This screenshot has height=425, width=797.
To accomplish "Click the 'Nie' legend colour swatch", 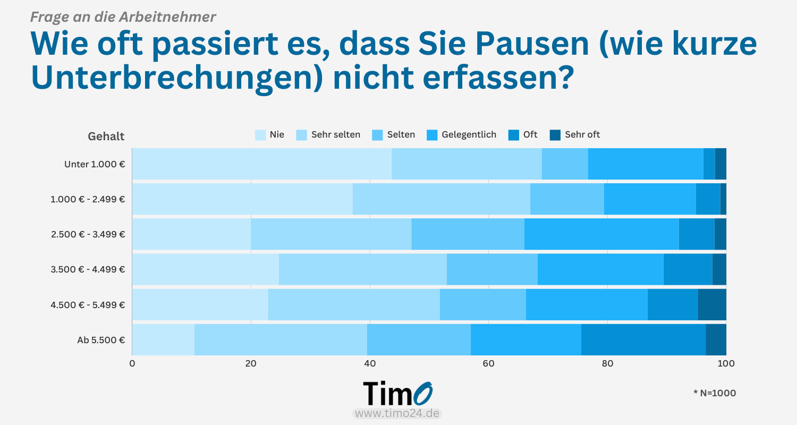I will [x=260, y=135].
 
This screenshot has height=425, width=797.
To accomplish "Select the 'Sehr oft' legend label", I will [x=582, y=135].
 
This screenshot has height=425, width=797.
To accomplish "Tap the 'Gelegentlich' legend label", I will [x=469, y=135].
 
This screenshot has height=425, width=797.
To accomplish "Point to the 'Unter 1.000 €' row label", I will [x=95, y=164].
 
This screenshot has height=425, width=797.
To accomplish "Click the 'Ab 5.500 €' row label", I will [x=101, y=339].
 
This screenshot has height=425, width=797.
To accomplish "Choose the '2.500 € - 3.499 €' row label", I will [x=88, y=234].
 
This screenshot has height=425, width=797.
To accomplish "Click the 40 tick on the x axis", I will [x=370, y=364].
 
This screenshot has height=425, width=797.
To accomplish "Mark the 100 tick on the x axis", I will [x=726, y=364].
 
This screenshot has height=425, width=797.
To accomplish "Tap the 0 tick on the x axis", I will [x=132, y=364].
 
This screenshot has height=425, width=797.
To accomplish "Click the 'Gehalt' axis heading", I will [x=106, y=137].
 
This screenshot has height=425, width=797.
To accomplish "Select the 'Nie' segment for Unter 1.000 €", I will [x=262, y=164].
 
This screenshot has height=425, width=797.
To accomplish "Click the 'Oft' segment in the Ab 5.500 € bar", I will [x=643, y=339].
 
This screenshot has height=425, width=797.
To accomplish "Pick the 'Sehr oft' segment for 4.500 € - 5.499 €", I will [x=712, y=304].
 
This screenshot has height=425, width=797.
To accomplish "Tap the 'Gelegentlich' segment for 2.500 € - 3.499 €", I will [x=601, y=234].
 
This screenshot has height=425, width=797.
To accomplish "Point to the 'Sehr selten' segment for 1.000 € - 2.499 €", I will [x=442, y=199].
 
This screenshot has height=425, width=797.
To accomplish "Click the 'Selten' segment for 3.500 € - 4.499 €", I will [x=492, y=269].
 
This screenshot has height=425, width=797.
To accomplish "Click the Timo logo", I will [x=397, y=394].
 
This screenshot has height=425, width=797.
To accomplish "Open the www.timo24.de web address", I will [x=397, y=413].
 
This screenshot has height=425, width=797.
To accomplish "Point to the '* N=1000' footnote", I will [x=715, y=393].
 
